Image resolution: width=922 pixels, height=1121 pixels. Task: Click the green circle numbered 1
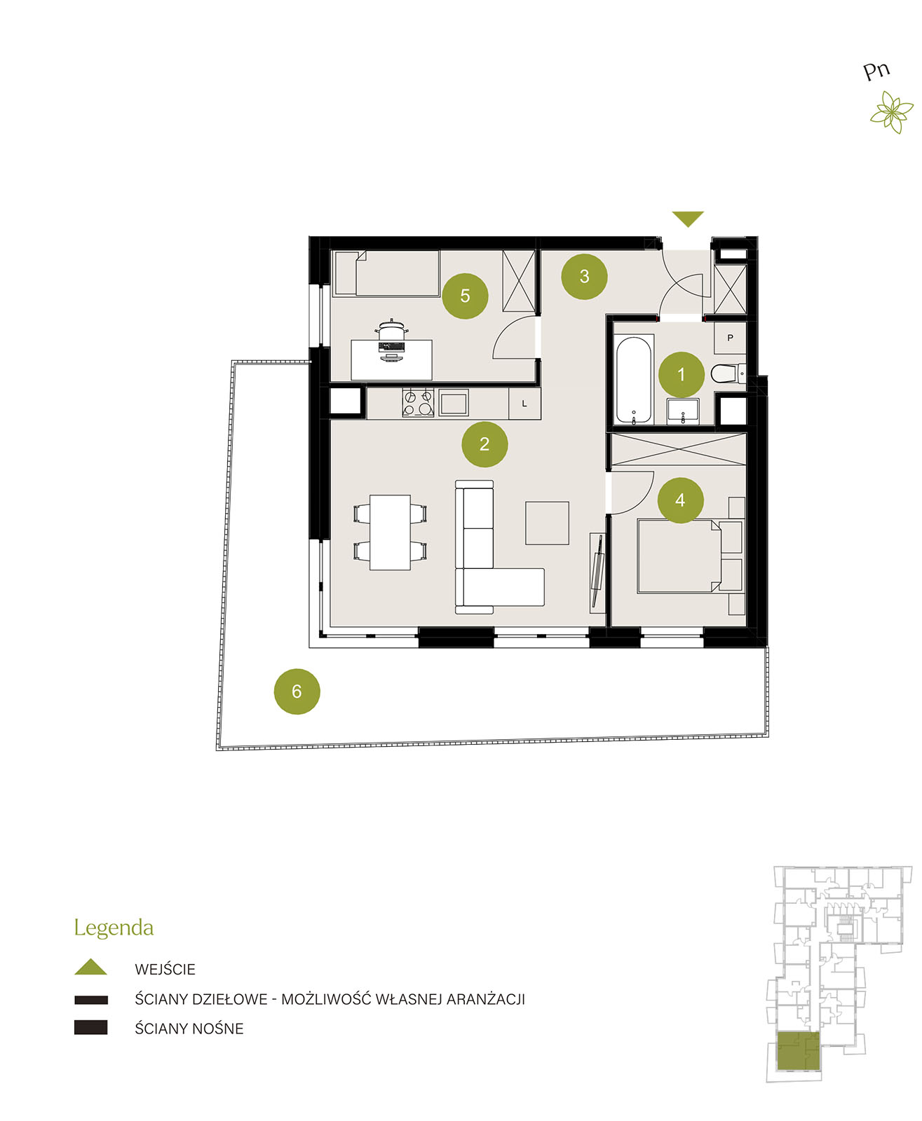pyautogui.click(x=681, y=374)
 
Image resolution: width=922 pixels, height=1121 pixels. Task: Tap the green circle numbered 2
pyautogui.click(x=484, y=443)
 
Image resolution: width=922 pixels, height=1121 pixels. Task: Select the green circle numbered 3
pyautogui.click(x=584, y=276)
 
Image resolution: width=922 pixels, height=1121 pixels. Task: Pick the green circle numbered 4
pyautogui.click(x=680, y=500)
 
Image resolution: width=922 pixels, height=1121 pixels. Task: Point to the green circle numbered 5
pyautogui.click(x=464, y=296)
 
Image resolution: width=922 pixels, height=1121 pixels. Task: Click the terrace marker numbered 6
pyautogui.click(x=297, y=691)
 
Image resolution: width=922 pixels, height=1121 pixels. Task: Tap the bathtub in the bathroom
pyautogui.click(x=633, y=380)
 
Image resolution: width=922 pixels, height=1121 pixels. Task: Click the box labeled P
pyautogui.click(x=730, y=338)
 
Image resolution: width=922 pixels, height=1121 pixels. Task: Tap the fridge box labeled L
pyautogui.click(x=524, y=404)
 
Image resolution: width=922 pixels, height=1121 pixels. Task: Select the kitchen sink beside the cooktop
pyautogui.click(x=453, y=402)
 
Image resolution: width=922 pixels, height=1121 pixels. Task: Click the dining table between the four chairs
pyautogui.click(x=390, y=532)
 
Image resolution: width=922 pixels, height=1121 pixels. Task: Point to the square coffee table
pyautogui.click(x=547, y=523)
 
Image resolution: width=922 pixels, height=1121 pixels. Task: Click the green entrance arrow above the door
pyautogui.click(x=687, y=219)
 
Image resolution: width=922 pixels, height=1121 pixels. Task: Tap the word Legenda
pyautogui.click(x=114, y=928)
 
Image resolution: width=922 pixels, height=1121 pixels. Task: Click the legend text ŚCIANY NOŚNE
pyautogui.click(x=189, y=1029)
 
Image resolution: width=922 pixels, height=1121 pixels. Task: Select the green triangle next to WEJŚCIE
pyautogui.click(x=90, y=966)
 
